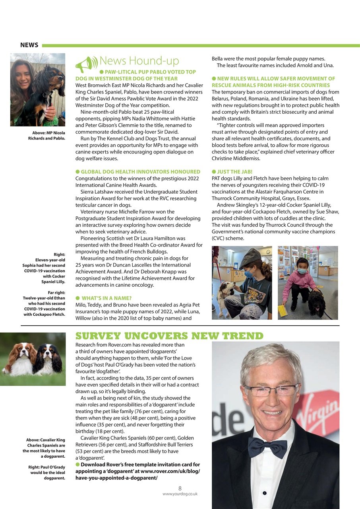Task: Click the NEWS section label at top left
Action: pos(29,45)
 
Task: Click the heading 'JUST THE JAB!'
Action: pos(234,172)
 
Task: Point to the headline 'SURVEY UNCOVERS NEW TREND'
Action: pos(169,336)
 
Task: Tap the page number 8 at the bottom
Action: pos(180,488)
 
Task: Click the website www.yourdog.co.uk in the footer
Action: pos(180,494)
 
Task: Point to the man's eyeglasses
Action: pos(271,390)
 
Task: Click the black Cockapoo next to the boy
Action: pos(316,303)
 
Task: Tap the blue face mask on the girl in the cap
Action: pos(248,274)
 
